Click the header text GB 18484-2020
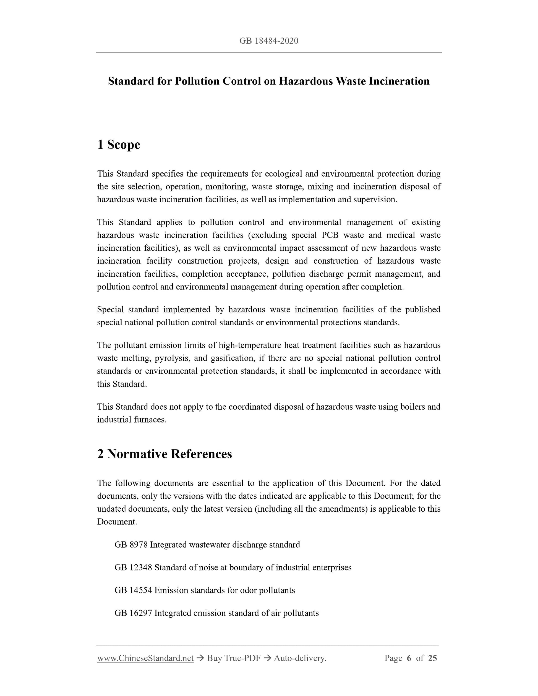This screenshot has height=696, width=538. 269,41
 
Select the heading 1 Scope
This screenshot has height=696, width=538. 119,144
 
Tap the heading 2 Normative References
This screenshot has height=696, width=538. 164,454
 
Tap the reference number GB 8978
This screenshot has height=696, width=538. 131,545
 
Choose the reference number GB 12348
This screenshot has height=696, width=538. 133,567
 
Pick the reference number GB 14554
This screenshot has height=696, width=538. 133,590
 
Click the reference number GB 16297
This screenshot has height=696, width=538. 133,613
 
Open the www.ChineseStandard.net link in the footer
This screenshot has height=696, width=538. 145,658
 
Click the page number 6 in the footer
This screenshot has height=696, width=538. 409,658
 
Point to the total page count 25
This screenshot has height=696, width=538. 432,658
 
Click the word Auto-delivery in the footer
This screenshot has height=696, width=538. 300,658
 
